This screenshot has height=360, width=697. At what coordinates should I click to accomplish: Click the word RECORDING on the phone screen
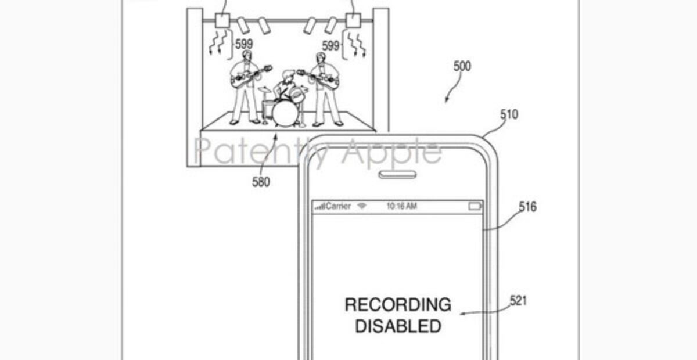(x=398, y=305)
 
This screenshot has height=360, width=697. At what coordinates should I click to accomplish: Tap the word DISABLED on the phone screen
(x=398, y=326)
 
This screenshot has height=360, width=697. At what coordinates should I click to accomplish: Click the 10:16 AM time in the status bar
(x=401, y=206)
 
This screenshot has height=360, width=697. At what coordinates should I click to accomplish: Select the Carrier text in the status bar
(x=339, y=206)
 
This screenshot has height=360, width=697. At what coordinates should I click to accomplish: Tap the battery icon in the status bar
(x=475, y=206)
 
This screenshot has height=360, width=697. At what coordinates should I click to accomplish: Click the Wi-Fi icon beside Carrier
(x=361, y=206)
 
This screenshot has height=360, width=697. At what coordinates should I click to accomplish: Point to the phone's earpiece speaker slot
(x=397, y=175)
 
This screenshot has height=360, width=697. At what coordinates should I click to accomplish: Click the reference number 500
(x=462, y=66)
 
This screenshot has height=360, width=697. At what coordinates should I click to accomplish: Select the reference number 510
(x=509, y=114)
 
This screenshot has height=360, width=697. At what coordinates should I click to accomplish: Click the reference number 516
(x=528, y=207)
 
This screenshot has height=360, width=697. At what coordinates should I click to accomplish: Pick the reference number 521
(x=518, y=301)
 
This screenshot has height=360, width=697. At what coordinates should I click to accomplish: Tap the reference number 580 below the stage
(x=261, y=182)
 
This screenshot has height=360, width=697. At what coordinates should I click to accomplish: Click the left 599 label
(x=244, y=44)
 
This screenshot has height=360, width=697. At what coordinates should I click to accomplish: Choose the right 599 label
(x=330, y=46)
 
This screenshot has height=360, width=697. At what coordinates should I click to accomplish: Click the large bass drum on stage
(x=285, y=113)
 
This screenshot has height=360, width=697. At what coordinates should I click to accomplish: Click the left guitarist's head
(x=247, y=55)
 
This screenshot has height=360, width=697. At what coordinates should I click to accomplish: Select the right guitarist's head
(x=321, y=58)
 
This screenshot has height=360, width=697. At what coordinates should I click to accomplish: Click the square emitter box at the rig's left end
(x=222, y=20)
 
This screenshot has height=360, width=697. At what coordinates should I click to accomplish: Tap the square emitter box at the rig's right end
(x=353, y=20)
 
